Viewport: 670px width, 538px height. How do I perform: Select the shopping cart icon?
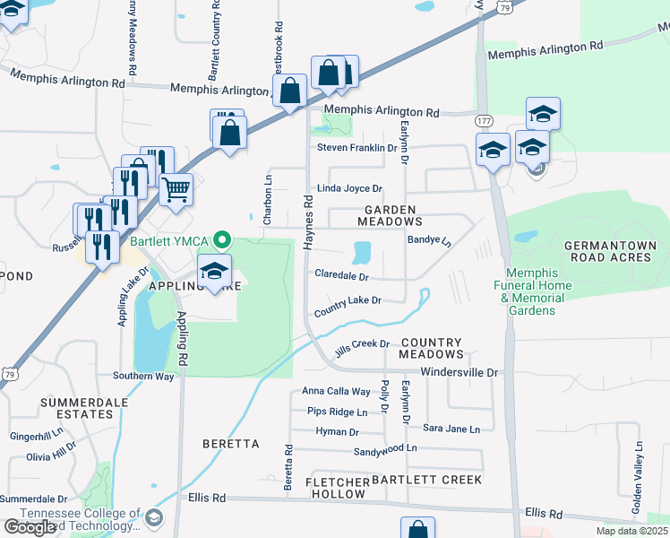[x=176, y=189]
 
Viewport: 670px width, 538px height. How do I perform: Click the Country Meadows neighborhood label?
[x=431, y=349]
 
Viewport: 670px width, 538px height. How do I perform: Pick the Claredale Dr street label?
[x=341, y=277]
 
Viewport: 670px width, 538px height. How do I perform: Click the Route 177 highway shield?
[x=485, y=121]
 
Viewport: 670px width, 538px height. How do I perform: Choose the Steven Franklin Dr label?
[x=356, y=148]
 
